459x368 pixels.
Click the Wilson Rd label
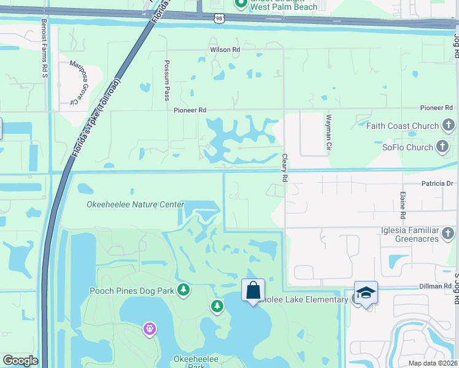coord(225,50)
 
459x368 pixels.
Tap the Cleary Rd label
coord(285,167)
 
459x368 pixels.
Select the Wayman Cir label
coord(329,132)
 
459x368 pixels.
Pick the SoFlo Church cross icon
coord(442,147)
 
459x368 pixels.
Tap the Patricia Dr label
coord(437,183)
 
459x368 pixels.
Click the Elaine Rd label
coord(403,205)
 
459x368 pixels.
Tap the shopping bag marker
coord(253,289)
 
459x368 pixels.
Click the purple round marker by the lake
coord(149,329)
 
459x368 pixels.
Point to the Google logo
coord(20,361)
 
